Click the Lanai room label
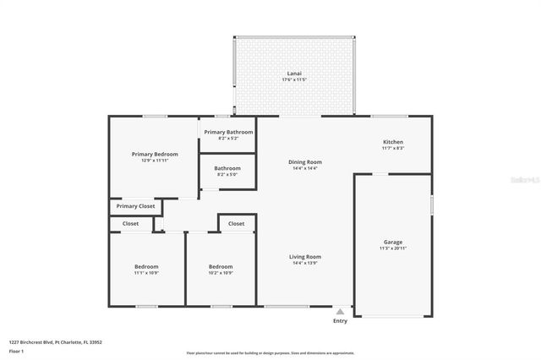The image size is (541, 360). [x=293, y=74]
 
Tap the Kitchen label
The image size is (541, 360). [x=393, y=142]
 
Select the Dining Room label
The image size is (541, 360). [x=305, y=161]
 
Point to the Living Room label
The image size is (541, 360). [x=305, y=256]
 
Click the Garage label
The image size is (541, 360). [x=393, y=242]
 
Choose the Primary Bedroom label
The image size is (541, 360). [x=155, y=154]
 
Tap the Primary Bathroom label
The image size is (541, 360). [x=227, y=132]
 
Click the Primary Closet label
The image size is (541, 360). [x=135, y=206]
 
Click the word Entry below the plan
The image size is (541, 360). [x=340, y=321]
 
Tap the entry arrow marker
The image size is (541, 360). [x=340, y=310]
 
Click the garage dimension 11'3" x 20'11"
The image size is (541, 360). [x=393, y=248]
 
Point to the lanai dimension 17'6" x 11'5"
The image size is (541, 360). [x=293, y=80]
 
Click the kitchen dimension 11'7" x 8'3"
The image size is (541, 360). [x=393, y=149]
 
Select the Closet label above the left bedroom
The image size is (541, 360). [x=130, y=224]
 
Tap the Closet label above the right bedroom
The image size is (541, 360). [x=236, y=224]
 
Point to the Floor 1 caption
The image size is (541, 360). [x=16, y=350]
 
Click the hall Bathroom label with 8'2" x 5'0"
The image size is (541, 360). [x=227, y=168]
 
